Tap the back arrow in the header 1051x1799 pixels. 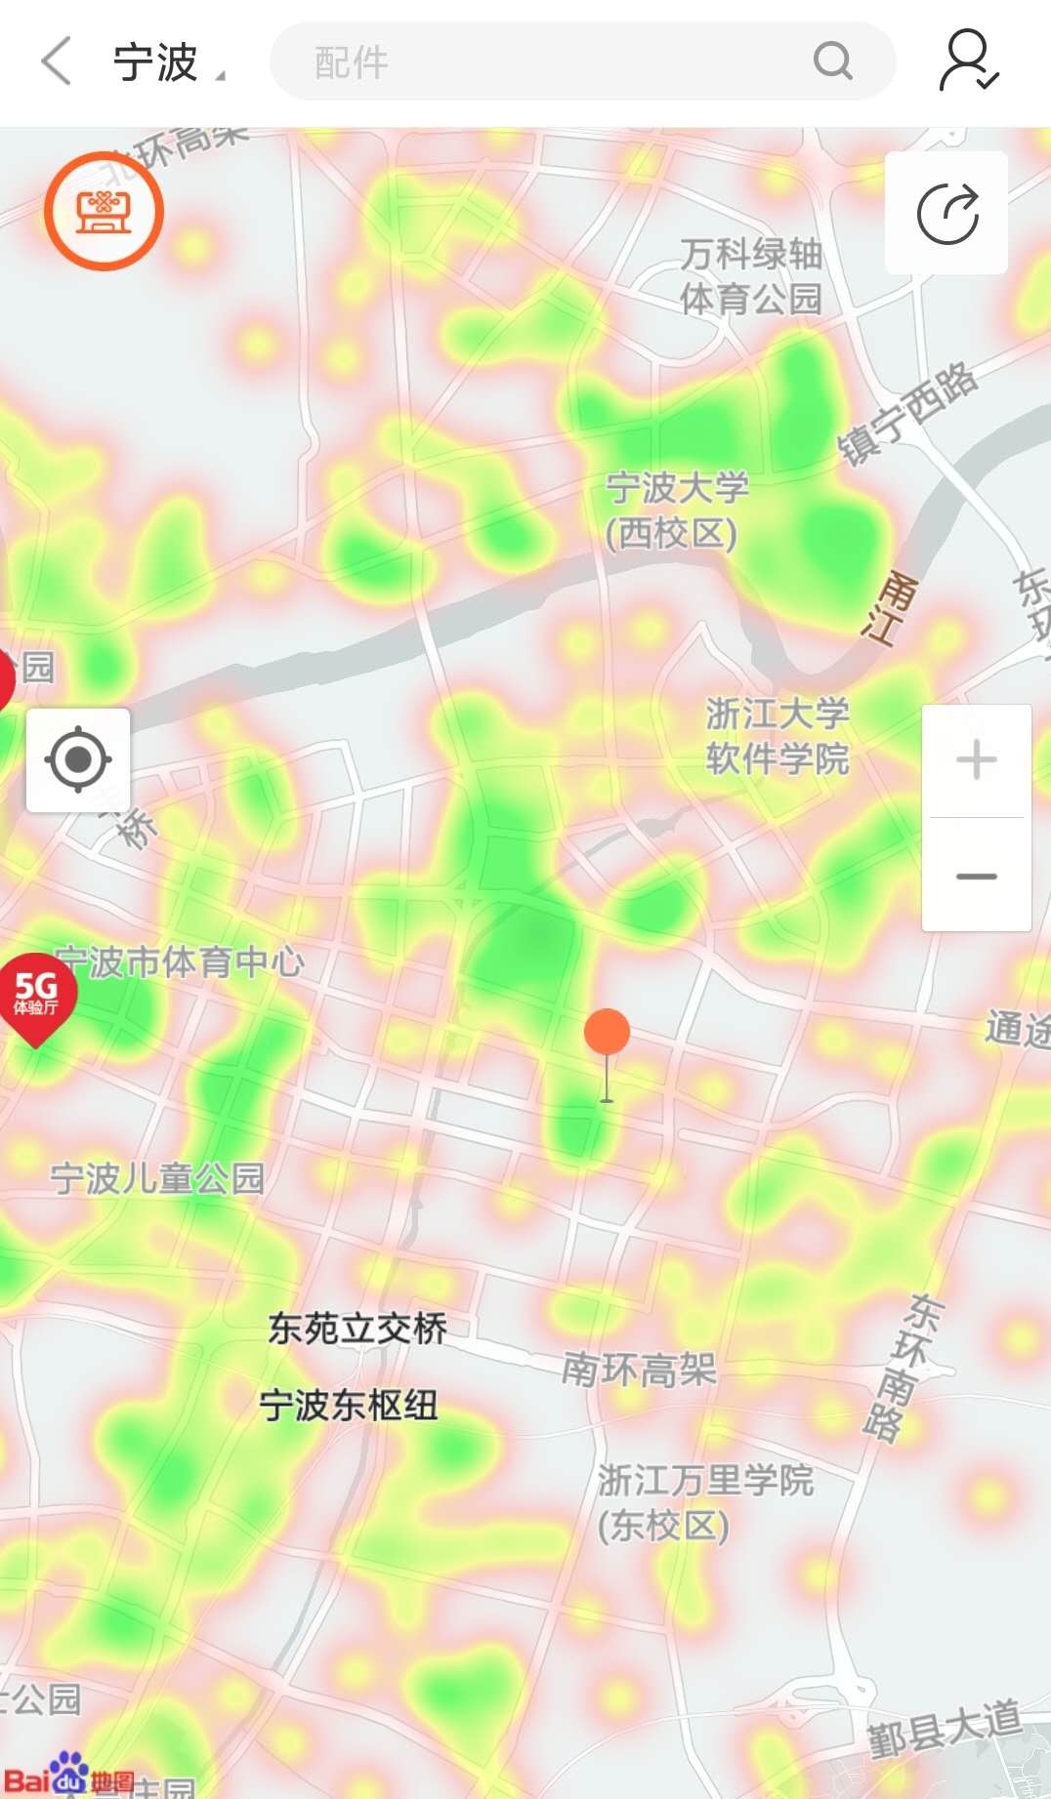57,61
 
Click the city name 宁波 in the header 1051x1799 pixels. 156,62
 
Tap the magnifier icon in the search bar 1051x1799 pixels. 832,61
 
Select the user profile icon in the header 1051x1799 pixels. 967,61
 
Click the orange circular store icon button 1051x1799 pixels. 104,211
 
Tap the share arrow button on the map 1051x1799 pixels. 946,213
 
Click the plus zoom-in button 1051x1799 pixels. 976,760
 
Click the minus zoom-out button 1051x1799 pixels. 976,876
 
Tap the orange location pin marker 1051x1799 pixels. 607,1033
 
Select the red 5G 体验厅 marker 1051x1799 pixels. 36,995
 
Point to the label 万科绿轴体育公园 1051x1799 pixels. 751,276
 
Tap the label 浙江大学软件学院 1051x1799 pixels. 778,735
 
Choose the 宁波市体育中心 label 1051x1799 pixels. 181,962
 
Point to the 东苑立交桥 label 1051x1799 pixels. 357,1329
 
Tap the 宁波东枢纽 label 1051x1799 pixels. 349,1406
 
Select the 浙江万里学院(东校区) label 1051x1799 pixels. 705,1502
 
